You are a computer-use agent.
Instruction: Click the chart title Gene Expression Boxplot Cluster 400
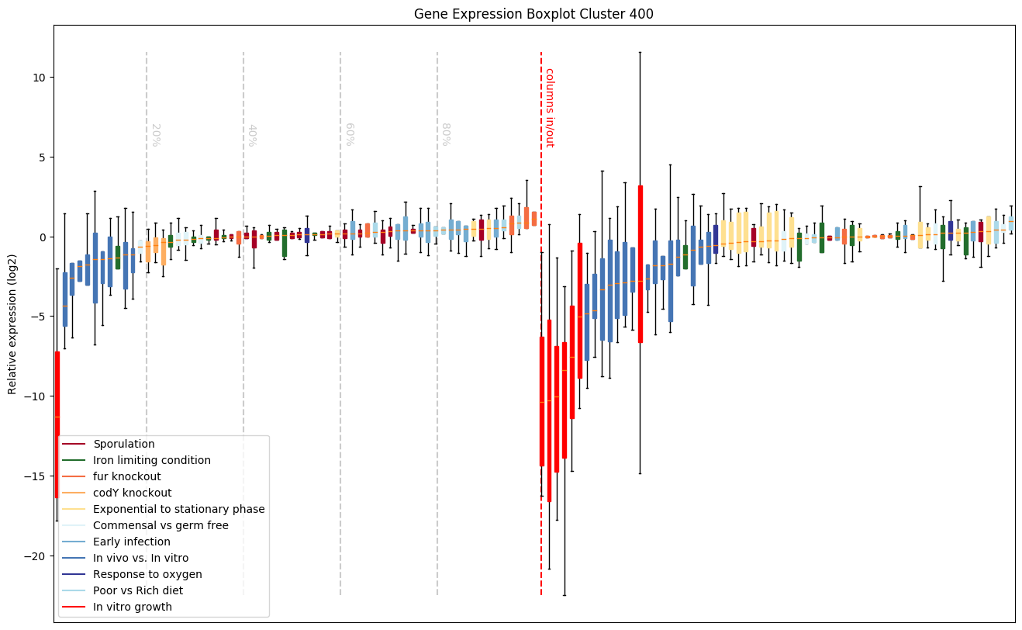(x=533, y=13)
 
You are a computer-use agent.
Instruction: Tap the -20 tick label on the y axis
(x=34, y=556)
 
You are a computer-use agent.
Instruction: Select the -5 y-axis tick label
(x=37, y=317)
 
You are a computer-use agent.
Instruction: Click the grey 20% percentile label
(x=155, y=135)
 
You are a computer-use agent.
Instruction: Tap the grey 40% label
(x=252, y=135)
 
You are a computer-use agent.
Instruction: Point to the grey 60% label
(x=349, y=135)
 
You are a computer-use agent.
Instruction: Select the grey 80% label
(x=446, y=135)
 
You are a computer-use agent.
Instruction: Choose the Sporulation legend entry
(x=124, y=444)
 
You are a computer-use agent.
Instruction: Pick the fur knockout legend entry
(x=127, y=476)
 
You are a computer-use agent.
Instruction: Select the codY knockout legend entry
(x=133, y=493)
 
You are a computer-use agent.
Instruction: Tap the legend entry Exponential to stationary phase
(x=179, y=509)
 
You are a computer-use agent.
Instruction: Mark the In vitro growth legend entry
(x=133, y=607)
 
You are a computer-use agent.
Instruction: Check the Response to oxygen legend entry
(x=147, y=574)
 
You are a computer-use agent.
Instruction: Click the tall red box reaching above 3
(x=640, y=264)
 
